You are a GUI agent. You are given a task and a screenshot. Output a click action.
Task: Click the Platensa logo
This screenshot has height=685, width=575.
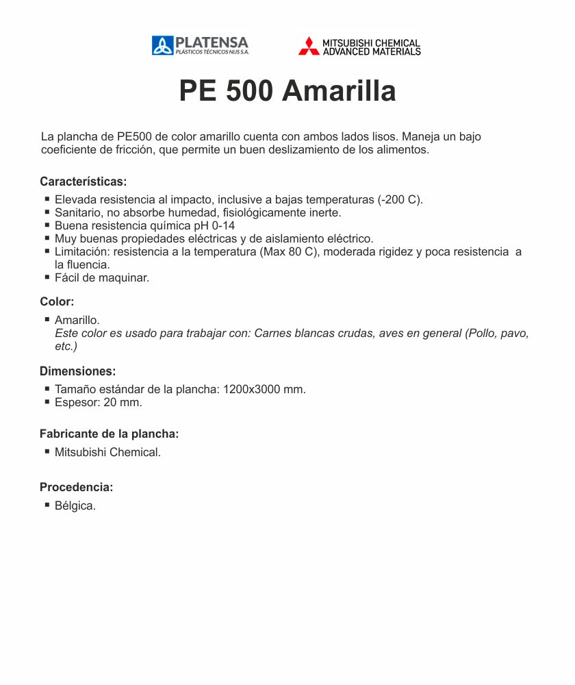click(200, 45)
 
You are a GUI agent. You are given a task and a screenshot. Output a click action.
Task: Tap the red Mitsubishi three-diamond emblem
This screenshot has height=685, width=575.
click(309, 46)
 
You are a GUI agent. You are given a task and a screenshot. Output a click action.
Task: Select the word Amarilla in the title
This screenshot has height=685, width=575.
click(339, 91)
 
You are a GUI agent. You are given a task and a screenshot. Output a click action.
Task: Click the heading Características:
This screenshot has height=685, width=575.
click(84, 182)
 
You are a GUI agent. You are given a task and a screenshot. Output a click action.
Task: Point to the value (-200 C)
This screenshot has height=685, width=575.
click(400, 200)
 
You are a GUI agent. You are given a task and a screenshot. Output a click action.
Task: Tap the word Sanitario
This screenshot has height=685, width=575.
click(77, 213)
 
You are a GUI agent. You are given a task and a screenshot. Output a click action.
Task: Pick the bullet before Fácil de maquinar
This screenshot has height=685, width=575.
click(47, 277)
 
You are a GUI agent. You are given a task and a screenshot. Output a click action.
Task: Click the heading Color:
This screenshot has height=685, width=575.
click(57, 301)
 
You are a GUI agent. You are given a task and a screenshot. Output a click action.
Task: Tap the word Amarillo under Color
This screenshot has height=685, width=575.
click(77, 320)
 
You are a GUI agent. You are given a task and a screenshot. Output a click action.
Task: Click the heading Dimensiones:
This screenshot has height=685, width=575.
click(78, 371)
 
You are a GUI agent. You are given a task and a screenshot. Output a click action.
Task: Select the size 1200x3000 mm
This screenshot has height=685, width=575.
click(264, 389)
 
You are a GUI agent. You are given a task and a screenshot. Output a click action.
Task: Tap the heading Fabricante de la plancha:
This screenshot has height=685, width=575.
click(110, 434)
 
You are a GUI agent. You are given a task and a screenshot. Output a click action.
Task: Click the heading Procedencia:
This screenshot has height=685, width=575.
click(76, 487)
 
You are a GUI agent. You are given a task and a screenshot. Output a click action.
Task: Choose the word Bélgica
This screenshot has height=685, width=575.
click(75, 506)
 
